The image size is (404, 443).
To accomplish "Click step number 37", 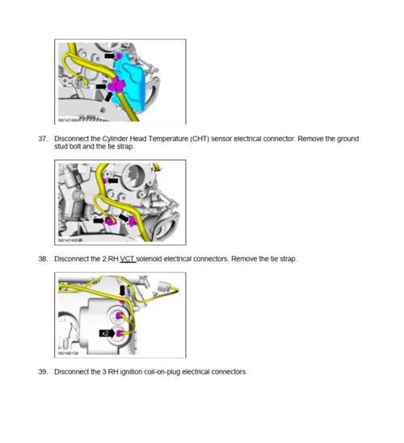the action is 43,139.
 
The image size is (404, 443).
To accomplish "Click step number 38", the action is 43,259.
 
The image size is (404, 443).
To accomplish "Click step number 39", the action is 43,372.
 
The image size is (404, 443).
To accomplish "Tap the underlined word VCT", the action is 128,259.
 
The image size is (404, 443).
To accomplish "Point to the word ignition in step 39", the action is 131,372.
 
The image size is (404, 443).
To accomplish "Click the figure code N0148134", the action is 69,353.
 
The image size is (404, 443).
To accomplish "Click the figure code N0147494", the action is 69,120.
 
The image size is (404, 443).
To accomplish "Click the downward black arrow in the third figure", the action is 122,290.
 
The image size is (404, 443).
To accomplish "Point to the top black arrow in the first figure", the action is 110,56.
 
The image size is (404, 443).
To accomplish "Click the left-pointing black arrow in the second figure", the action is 112,180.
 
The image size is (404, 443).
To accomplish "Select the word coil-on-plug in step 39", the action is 162,372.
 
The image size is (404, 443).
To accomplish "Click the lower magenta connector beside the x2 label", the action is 120,333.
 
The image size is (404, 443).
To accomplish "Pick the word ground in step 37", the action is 348,139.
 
